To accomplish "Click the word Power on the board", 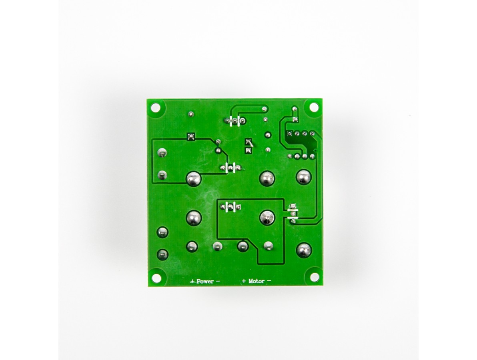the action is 205,281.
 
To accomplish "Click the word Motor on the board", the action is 257,281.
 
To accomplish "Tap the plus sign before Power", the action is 192,281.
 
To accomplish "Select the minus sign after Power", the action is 218,281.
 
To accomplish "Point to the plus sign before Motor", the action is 244,281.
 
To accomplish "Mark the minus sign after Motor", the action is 269,281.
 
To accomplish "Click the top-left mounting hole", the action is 156,107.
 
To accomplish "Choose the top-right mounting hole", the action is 314,107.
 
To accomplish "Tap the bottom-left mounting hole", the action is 156,277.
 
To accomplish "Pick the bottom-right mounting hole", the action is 314,277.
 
